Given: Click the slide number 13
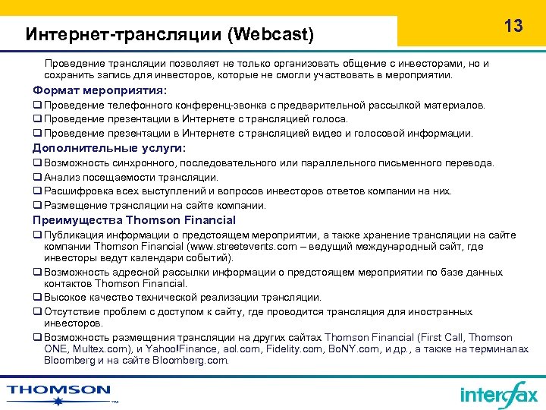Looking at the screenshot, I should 513,26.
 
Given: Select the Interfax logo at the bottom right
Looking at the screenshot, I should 498,394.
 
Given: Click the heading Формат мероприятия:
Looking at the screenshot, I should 99,90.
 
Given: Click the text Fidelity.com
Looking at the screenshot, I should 286,348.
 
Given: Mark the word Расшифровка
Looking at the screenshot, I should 75,191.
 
